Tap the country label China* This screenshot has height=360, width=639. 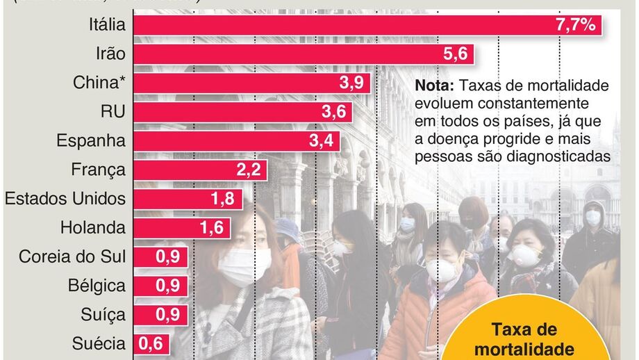99,83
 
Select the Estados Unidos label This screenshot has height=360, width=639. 65,199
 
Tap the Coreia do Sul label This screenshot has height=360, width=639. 72,256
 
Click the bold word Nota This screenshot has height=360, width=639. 434,85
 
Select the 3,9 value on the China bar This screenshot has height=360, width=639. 352,83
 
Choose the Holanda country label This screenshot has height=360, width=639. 93,227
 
